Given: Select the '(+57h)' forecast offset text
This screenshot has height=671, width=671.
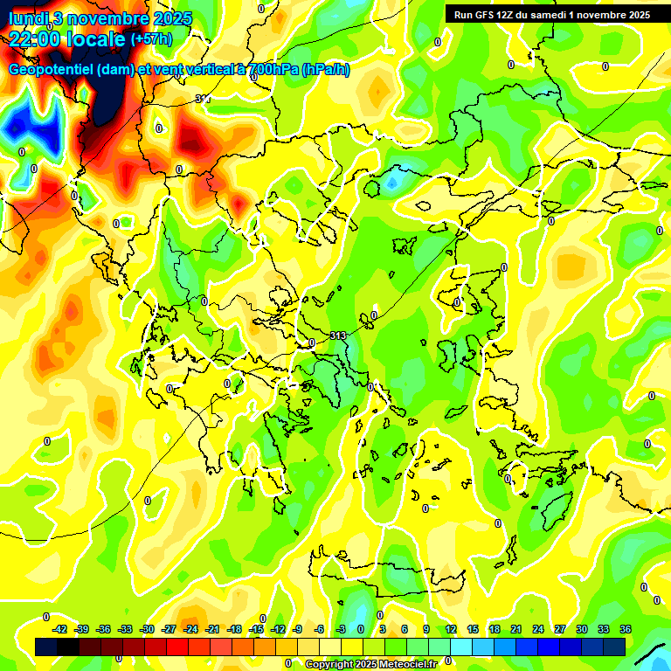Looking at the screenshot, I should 151,39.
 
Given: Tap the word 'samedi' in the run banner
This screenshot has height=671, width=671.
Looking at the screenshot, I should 556,15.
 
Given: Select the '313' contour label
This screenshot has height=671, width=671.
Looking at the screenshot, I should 339,335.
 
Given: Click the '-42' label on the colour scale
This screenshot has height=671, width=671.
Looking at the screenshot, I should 60,629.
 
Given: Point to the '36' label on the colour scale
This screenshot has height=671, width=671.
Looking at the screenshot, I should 626,629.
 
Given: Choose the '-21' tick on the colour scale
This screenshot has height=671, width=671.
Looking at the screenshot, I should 212,629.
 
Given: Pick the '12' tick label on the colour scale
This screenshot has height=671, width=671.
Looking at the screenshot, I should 451,629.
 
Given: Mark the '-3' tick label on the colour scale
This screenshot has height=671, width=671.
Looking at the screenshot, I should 342,629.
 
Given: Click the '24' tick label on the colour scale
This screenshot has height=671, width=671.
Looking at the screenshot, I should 538,629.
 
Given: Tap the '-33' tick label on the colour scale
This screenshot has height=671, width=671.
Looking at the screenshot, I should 125,629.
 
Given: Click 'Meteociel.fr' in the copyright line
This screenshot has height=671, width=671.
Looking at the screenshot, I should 407,664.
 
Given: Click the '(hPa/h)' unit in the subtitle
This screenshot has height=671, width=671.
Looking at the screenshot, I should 326,70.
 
